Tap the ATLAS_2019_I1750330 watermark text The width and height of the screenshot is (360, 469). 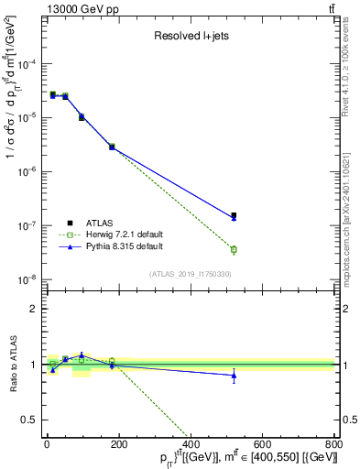click(191, 273)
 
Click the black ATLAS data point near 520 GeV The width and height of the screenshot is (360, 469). click(234, 215)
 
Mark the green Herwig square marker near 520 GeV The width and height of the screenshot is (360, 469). click(234, 249)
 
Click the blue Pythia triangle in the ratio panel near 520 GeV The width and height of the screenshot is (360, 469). click(234, 376)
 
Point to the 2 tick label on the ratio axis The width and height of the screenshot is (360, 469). click(38, 309)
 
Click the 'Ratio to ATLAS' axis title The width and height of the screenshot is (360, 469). click(12, 364)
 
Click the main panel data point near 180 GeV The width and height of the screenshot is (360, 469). click(112, 147)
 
